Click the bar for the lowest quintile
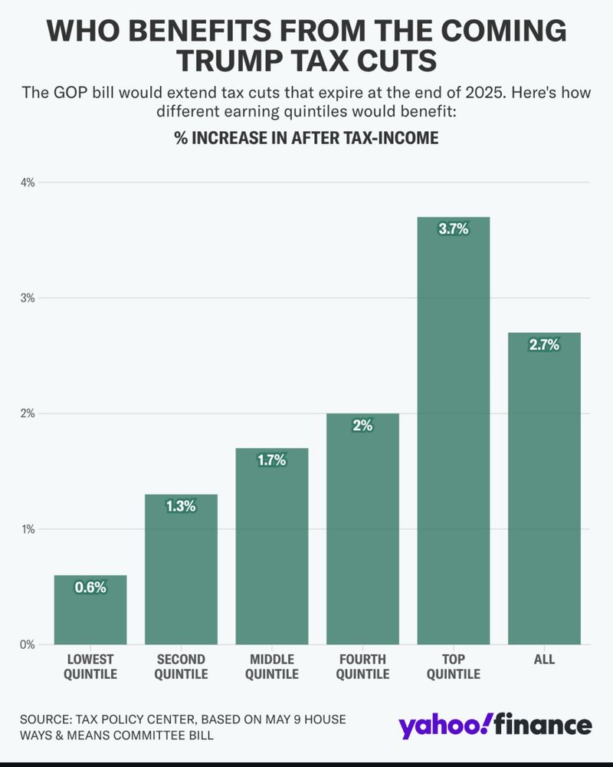90,614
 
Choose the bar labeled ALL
544,491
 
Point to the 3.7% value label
453,229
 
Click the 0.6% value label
90,588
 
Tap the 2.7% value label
544,344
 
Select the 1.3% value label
181,506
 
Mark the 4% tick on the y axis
28,183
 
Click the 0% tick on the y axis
28,644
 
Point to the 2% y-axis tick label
28,413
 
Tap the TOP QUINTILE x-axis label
453,667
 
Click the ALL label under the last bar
544,660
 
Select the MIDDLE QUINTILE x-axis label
271,667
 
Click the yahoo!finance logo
494,726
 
